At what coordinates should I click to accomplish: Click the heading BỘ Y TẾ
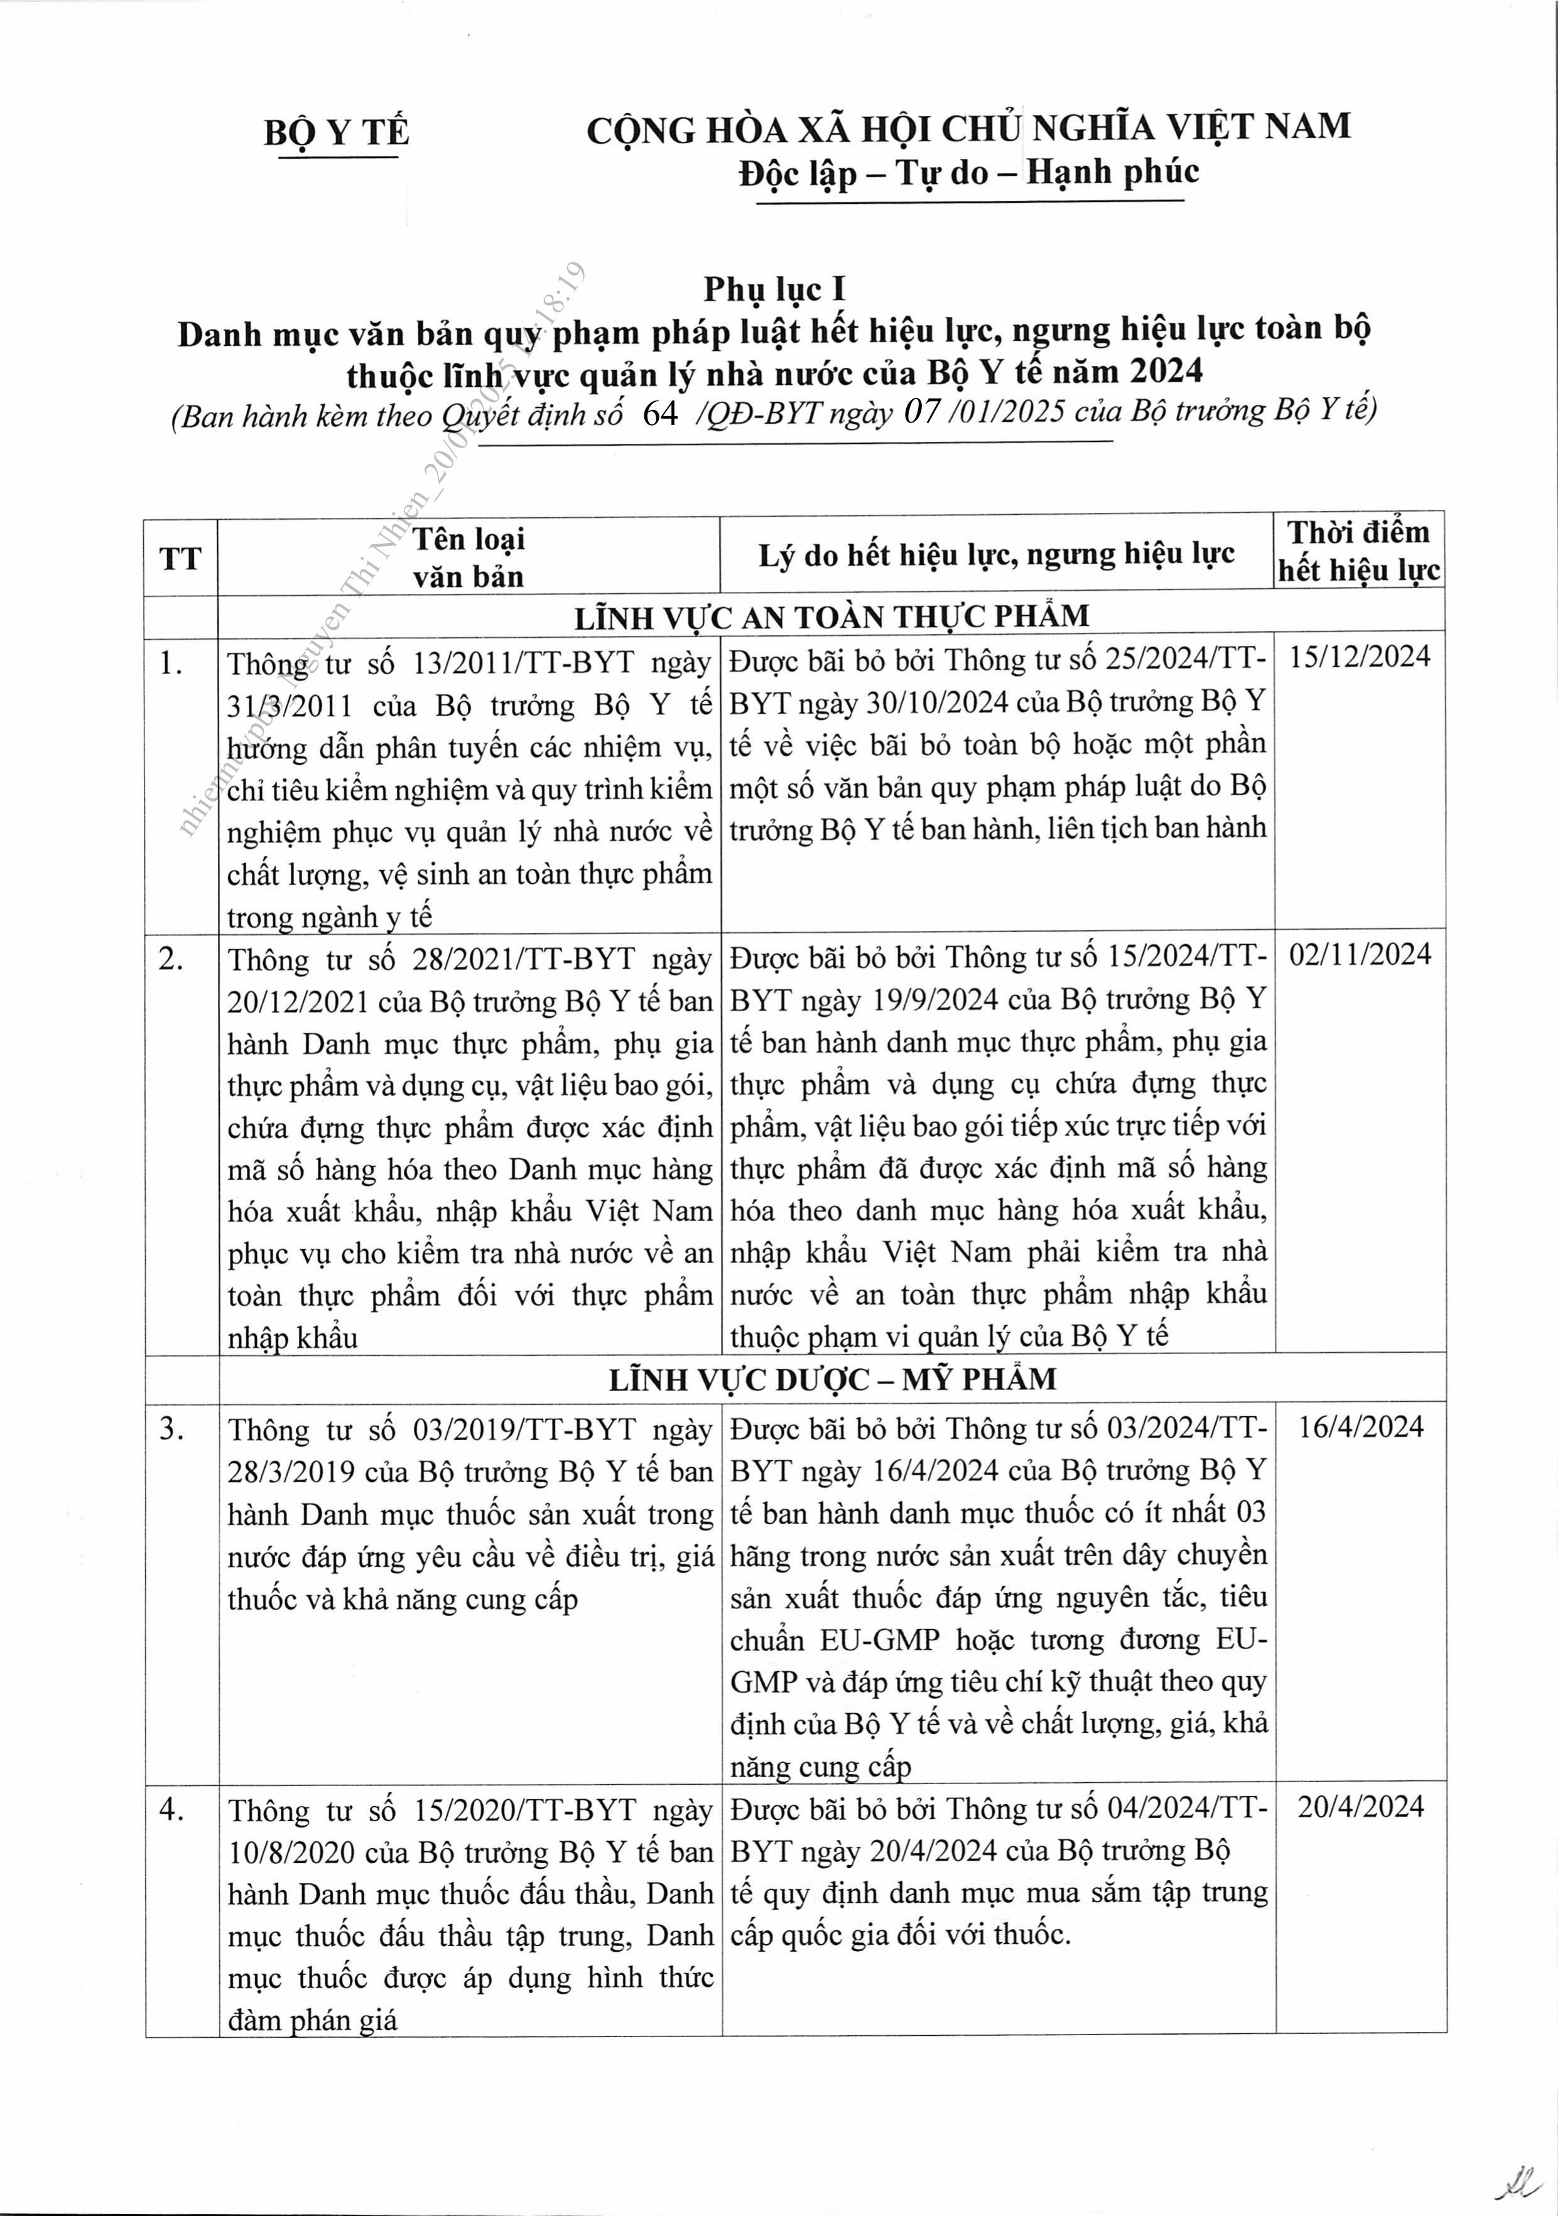click(x=336, y=132)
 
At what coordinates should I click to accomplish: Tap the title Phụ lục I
click(x=774, y=289)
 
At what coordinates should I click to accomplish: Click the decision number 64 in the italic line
click(x=660, y=413)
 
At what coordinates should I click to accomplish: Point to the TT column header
click(x=180, y=558)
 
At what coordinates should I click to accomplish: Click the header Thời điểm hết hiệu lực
click(x=1358, y=551)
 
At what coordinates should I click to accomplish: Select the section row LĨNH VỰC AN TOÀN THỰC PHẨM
click(x=831, y=616)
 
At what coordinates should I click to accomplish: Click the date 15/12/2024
click(x=1359, y=657)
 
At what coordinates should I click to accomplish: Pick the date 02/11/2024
click(x=1359, y=955)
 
